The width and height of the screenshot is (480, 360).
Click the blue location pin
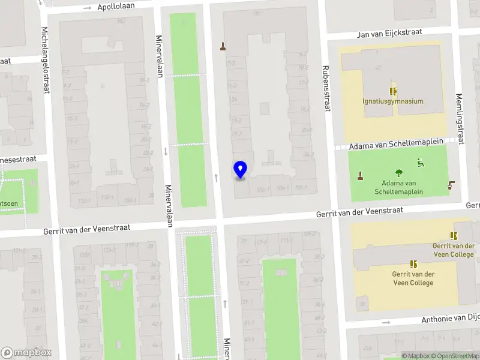click(x=240, y=170)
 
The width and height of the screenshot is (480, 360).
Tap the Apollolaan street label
click(x=116, y=6)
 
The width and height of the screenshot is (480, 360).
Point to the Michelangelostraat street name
click(x=46, y=60)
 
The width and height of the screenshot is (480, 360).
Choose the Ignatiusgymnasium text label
click(x=393, y=101)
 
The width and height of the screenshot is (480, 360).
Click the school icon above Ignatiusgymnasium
click(x=393, y=91)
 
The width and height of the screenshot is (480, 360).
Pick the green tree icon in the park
click(x=399, y=173)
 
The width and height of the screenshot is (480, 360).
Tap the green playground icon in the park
click(x=421, y=162)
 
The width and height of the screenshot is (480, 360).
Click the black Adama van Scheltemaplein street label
click(x=397, y=145)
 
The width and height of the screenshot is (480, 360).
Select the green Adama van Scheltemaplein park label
click(x=398, y=187)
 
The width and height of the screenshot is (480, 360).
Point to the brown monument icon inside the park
click(x=361, y=175)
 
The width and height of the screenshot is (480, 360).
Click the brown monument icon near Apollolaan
click(x=224, y=46)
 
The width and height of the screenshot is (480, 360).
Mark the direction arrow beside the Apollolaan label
click(x=88, y=8)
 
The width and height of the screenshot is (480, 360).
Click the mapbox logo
click(x=26, y=352)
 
